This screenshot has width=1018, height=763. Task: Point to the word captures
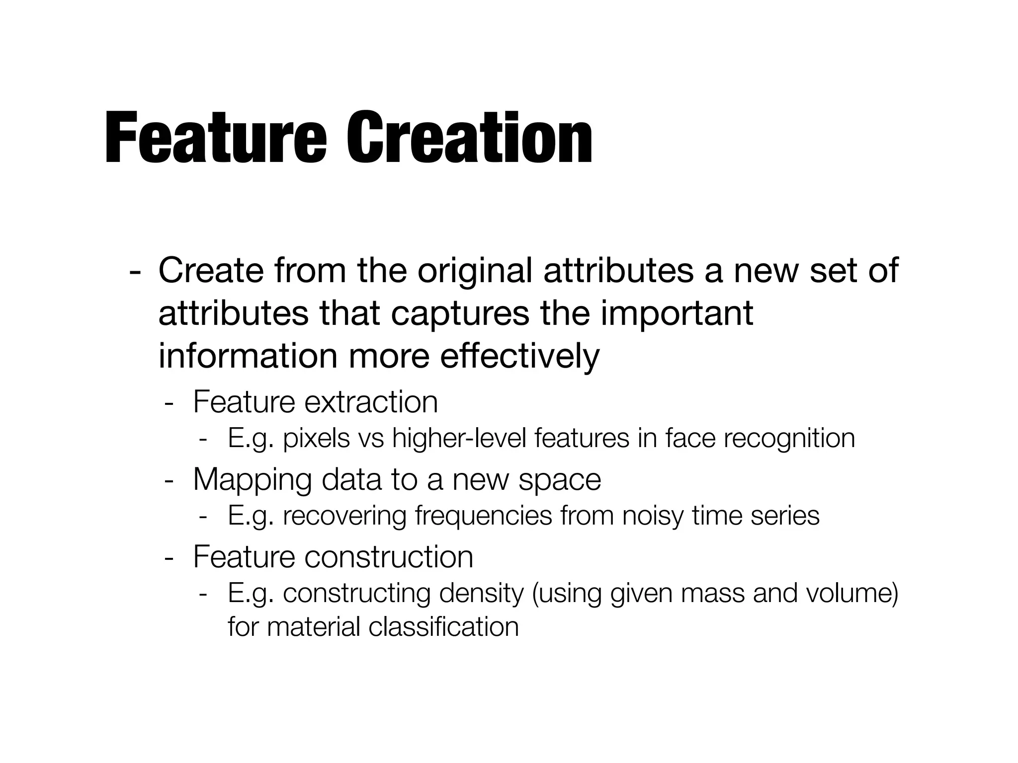pos(460,314)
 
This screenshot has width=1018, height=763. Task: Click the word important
pos(677,314)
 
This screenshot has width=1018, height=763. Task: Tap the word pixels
pos(316,438)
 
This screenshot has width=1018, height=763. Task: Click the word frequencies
pos(483,516)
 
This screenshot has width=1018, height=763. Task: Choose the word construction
pos(388,556)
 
